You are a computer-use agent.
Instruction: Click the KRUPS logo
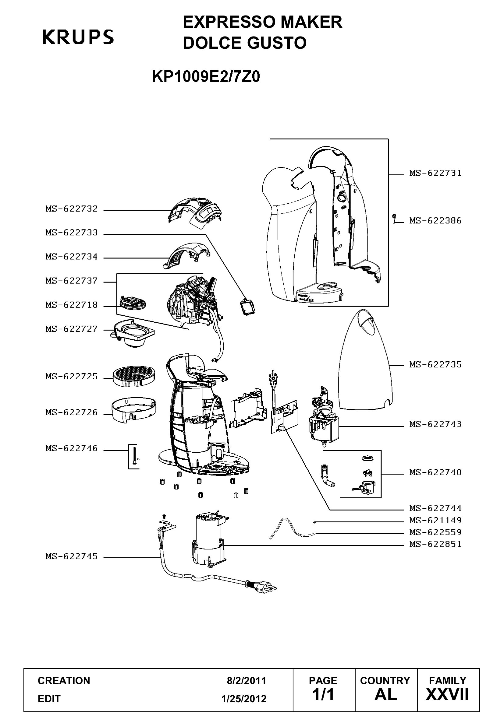78,37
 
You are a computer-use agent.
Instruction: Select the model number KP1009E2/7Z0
206,77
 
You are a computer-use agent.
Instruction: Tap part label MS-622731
435,173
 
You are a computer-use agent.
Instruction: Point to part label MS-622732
72,209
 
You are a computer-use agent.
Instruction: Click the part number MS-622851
435,544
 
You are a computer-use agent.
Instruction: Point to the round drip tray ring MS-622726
134,410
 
